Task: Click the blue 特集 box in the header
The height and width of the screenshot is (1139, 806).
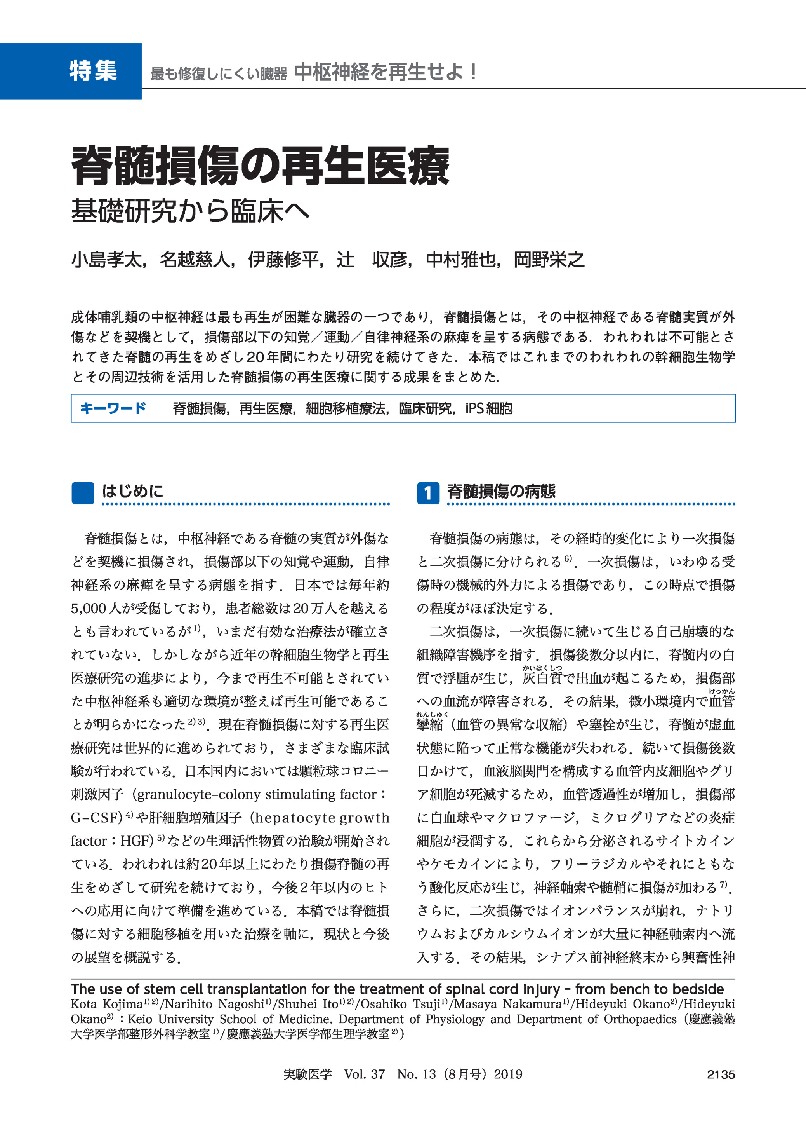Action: click(71, 71)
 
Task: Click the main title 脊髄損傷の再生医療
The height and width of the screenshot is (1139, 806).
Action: click(261, 166)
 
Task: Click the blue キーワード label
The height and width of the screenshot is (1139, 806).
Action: click(113, 408)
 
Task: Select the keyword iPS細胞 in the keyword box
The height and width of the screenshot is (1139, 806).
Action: click(488, 408)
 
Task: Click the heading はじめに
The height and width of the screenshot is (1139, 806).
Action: click(132, 491)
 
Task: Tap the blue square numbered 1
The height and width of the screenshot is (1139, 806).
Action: click(428, 493)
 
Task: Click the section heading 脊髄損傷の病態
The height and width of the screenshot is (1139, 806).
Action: click(501, 491)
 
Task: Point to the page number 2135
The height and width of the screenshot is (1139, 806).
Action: click(721, 1074)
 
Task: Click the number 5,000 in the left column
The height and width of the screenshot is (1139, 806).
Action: click(89, 609)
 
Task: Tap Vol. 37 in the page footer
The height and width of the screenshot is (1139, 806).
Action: click(364, 1074)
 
